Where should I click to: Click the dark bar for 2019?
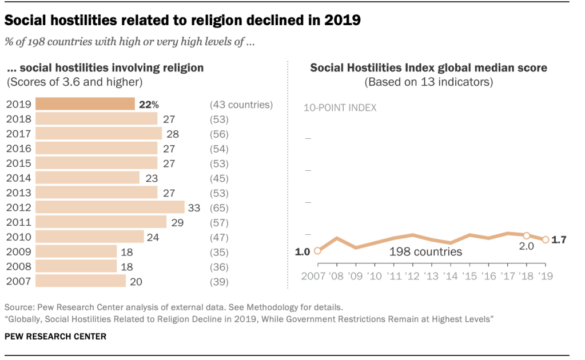tap(85, 104)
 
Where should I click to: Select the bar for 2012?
tap(110, 207)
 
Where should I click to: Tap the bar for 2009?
tap(76, 251)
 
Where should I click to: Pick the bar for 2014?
tap(87, 178)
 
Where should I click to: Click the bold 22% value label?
tap(147, 105)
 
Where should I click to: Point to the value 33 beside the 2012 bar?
tap(194, 207)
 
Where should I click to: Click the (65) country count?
tap(220, 207)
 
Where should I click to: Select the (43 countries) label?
tap(241, 105)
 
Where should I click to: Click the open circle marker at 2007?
tap(317, 250)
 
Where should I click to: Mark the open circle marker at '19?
tap(545, 240)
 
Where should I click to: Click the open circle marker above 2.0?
tap(526, 235)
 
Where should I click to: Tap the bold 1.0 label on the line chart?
tap(303, 251)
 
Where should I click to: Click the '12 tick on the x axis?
tap(412, 277)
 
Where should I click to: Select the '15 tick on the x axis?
tap(469, 277)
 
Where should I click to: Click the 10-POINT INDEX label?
tap(339, 108)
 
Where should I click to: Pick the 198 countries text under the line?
tap(425, 251)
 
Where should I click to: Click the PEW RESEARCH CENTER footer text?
tap(55, 337)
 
